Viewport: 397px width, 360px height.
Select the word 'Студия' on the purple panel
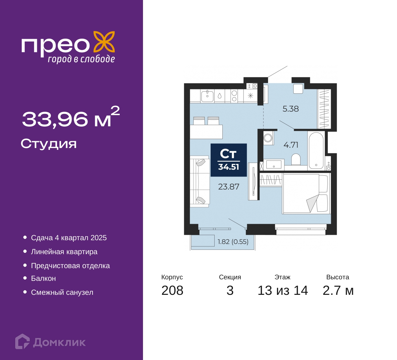coord(49,144)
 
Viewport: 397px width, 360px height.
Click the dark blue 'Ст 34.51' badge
coord(229,160)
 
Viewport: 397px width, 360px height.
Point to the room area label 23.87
coord(229,187)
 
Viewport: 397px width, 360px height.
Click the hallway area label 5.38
coord(291,109)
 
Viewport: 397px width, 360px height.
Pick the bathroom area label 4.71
coord(291,145)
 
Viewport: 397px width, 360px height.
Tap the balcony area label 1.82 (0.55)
coord(233,242)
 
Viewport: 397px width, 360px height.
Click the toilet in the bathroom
coord(296,160)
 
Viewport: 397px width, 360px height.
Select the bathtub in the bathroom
coord(316,151)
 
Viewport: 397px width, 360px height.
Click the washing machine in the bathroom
coord(268,138)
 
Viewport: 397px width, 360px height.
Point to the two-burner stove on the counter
coord(234,96)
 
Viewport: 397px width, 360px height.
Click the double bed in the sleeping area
coord(306,193)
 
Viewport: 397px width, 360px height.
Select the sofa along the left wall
coord(200,181)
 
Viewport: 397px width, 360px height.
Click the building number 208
coord(172,290)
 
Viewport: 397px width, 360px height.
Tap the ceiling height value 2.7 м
coord(338,290)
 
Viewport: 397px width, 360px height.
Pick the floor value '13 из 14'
coord(283,290)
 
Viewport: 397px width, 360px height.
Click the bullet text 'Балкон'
coord(43,278)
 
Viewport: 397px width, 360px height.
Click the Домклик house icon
coord(22,341)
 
